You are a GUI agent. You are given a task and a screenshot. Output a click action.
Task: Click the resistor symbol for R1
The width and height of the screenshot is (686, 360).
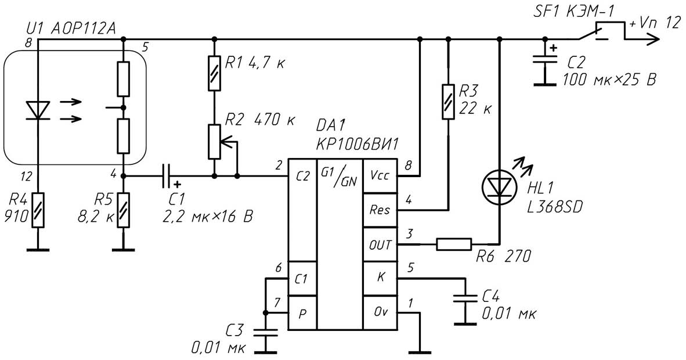click(x=214, y=73)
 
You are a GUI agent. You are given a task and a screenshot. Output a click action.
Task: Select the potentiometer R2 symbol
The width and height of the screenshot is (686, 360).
click(x=219, y=142)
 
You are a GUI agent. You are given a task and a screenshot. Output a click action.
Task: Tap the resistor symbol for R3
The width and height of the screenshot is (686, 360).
click(x=447, y=102)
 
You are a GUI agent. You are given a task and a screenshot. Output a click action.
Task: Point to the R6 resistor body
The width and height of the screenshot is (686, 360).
click(x=454, y=244)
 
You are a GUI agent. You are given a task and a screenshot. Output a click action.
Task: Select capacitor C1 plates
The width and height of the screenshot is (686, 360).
click(x=166, y=176)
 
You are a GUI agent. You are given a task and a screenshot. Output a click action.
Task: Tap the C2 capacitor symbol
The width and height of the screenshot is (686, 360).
click(x=545, y=64)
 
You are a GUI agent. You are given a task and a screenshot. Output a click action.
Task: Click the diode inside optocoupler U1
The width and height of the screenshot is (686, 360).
click(x=38, y=110)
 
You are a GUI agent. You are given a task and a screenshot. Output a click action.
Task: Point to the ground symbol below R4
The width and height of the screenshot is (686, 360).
click(x=38, y=250)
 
